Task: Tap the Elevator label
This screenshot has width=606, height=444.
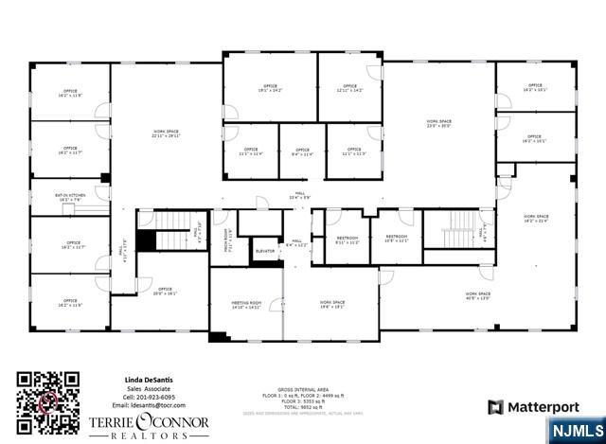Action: (265, 251)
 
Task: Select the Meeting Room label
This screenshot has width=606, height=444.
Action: (245, 305)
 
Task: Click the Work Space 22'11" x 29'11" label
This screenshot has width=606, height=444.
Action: (167, 133)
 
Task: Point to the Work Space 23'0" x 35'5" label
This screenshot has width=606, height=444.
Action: (438, 123)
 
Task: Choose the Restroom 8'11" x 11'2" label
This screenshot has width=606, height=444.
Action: (347, 240)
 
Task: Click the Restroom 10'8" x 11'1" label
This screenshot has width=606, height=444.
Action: (396, 239)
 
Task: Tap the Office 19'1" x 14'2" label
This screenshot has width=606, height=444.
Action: (270, 89)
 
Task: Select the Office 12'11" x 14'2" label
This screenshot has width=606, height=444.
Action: (349, 89)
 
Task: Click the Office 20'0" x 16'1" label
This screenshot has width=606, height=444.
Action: (165, 292)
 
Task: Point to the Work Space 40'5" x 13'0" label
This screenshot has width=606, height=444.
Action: (477, 295)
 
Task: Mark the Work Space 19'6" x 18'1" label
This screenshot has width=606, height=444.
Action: (331, 305)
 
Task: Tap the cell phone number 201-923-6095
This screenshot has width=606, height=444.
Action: (150, 397)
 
